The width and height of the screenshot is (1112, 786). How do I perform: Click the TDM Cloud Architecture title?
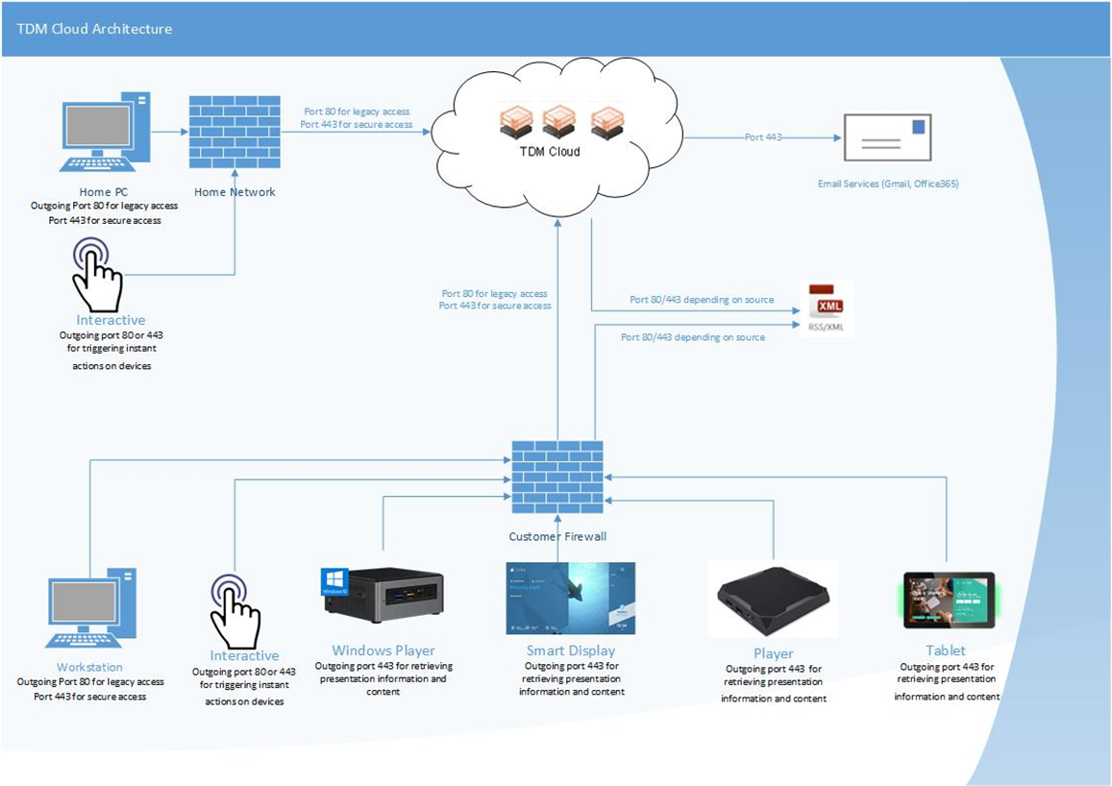(94, 29)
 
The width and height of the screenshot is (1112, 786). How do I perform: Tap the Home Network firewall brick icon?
(235, 132)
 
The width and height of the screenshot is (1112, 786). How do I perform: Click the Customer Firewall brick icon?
(557, 479)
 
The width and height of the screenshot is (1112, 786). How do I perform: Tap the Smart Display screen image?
(571, 598)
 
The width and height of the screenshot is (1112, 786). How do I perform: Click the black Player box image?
(772, 599)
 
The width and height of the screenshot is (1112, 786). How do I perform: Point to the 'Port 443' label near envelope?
(763, 137)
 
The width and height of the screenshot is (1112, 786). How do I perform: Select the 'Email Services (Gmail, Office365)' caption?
(887, 183)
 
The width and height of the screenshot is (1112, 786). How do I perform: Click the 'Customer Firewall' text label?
(557, 536)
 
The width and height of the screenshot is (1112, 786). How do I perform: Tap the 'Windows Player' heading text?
(383, 651)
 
